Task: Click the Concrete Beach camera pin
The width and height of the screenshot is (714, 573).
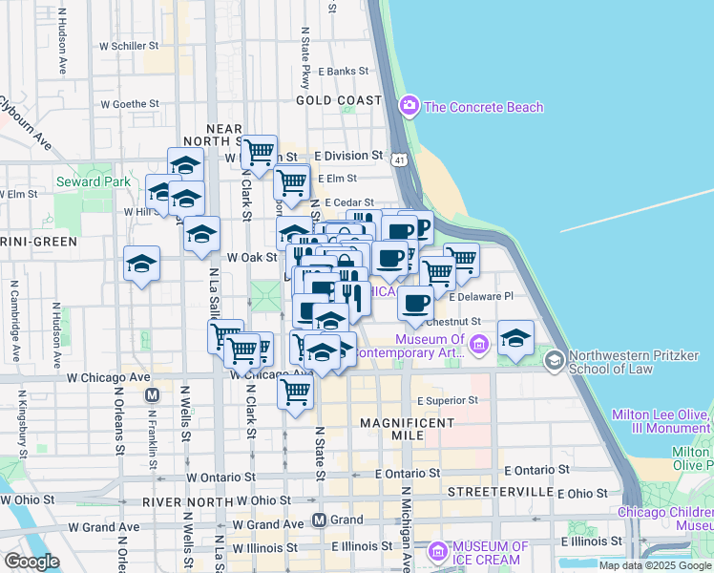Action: point(409,106)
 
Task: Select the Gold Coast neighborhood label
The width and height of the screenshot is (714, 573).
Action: point(338,99)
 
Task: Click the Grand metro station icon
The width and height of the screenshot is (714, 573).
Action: point(320,520)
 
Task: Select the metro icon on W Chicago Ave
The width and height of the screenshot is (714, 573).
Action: point(150,394)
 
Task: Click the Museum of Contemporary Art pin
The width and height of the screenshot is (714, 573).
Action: point(479,342)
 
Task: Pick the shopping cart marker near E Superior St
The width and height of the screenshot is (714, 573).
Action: point(296,390)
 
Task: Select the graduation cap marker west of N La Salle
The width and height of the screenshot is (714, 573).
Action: point(141,263)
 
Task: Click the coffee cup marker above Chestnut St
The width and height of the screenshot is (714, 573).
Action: point(415,303)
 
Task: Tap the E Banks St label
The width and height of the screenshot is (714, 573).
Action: point(344,71)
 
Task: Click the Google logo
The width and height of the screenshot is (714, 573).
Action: point(31,562)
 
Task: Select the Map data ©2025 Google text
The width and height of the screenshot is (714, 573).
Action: point(655,565)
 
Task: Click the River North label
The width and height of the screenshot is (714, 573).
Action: point(188,501)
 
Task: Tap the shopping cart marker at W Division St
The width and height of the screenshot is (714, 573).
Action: point(259,151)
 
